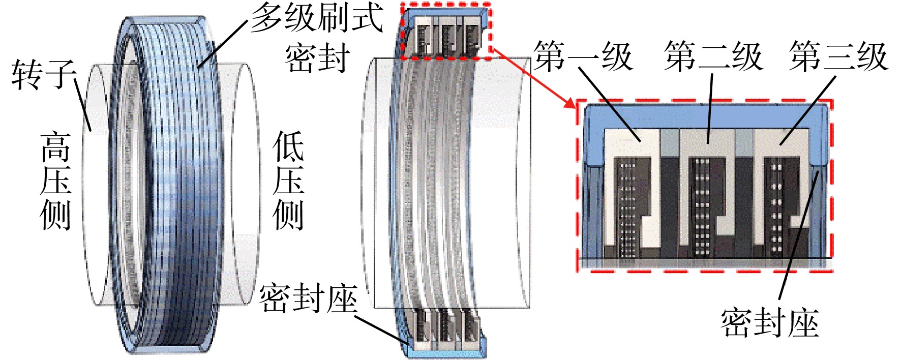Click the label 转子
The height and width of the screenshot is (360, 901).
pos(44,75)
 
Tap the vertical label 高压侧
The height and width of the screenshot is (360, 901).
pos(55,181)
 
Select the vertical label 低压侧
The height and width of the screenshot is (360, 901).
pos(288,181)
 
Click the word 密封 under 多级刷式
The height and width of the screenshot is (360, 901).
pos(317,57)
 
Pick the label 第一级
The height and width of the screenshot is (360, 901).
pos(583,56)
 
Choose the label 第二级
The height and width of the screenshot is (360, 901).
pos(713,56)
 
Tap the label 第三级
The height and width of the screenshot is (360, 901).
pos(839,56)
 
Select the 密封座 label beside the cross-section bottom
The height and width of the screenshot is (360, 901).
pos(308,298)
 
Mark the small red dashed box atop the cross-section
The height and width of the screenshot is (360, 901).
pos(446,31)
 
